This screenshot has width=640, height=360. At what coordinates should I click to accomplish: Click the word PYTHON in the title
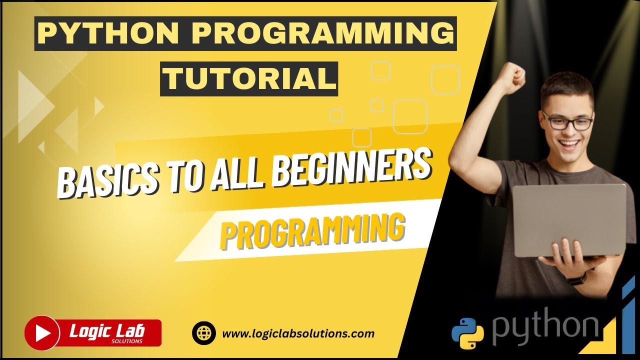click(x=107, y=33)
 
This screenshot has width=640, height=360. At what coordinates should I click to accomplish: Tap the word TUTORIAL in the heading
click(x=248, y=78)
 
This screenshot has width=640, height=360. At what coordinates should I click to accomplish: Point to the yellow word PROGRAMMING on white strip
click(x=312, y=231)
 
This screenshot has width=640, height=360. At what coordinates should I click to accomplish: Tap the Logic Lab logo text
click(x=107, y=330)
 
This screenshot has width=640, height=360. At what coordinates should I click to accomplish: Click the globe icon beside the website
click(x=204, y=333)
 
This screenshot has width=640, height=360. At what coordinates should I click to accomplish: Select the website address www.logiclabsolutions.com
click(x=297, y=333)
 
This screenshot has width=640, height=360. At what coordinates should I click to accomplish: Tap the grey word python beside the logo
click(x=545, y=327)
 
